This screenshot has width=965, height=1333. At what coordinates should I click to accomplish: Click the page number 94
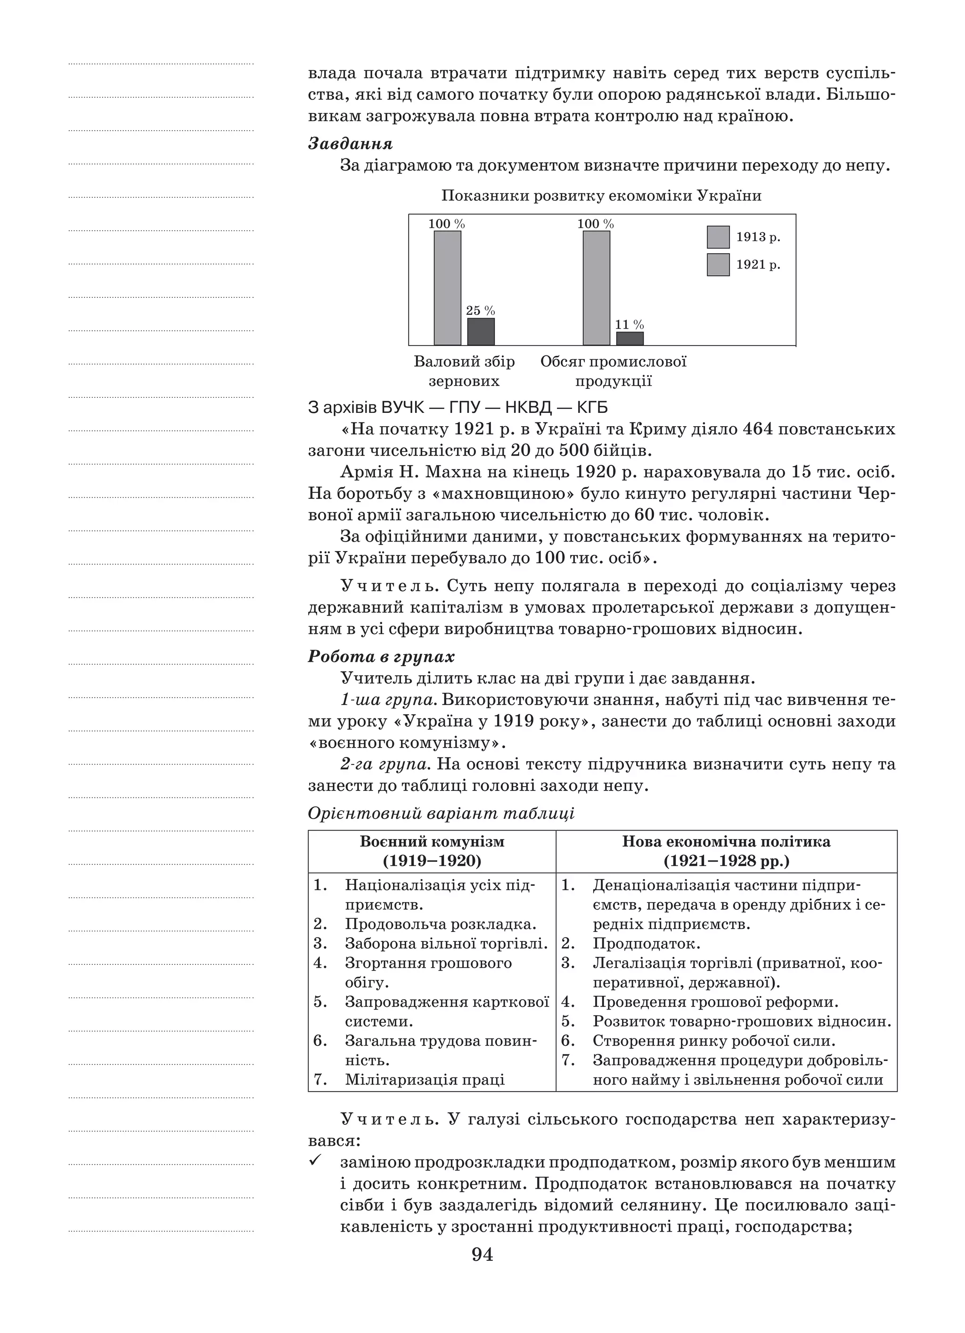482,1255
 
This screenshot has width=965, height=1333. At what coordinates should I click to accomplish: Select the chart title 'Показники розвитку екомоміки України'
601,196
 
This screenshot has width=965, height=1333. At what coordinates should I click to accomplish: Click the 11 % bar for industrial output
630,338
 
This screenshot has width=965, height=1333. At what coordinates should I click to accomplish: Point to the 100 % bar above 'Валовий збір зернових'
447,288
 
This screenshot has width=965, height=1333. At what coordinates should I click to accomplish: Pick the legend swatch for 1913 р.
718,238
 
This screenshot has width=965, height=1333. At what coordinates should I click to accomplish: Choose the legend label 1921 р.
758,265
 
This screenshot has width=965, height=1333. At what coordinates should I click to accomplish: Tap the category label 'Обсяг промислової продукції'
613,371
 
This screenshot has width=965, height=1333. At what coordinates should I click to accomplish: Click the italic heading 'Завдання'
350,144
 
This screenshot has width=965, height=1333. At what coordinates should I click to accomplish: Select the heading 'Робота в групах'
381,657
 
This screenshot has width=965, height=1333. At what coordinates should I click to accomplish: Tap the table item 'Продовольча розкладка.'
440,924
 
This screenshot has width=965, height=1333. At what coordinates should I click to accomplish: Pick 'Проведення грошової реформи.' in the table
715,1002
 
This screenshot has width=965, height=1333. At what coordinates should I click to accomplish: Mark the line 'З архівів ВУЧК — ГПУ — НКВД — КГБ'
458,407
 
